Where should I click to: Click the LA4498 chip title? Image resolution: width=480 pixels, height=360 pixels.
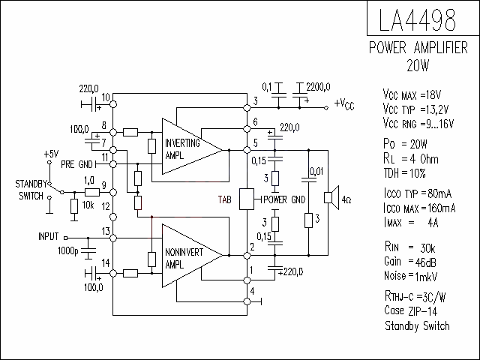[417, 20]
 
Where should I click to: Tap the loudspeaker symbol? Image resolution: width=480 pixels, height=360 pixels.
[331, 198]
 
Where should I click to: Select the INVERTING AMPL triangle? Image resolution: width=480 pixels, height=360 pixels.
[192, 147]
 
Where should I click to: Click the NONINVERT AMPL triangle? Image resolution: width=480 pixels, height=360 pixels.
[192, 256]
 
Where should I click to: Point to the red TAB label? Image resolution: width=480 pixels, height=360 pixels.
[225, 200]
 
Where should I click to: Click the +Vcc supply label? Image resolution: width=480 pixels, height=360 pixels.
[344, 104]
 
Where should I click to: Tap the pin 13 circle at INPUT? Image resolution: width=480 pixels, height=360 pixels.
[113, 238]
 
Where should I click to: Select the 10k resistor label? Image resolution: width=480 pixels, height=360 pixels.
[88, 205]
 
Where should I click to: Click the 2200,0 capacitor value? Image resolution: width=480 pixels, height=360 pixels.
[318, 87]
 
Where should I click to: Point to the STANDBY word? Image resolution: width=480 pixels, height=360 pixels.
[31, 184]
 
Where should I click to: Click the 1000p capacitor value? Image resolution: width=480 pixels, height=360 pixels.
[68, 251]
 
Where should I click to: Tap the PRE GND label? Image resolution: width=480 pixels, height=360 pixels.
[76, 165]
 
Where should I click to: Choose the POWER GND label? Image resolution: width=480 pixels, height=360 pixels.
[284, 200]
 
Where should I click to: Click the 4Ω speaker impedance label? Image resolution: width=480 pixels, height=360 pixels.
[346, 200]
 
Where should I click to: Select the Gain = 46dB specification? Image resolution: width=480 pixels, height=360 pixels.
[410, 262]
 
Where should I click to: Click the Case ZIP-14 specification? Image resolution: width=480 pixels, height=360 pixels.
[411, 310]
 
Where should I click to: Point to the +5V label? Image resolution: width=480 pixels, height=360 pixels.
[51, 154]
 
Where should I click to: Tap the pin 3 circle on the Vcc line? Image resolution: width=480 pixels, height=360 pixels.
[247, 108]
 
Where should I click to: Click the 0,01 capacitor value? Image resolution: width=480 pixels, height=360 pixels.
[316, 172]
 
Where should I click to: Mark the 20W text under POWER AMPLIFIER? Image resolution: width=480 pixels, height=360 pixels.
[418, 65]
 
